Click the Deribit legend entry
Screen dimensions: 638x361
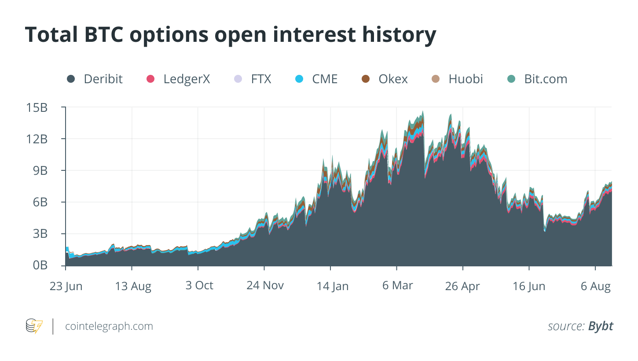(95, 79)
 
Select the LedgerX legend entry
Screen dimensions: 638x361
(178, 79)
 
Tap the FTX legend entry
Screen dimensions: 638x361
(253, 79)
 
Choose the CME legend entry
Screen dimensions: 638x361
(316, 79)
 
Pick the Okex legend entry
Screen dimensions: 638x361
(385, 79)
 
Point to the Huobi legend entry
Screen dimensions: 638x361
(458, 79)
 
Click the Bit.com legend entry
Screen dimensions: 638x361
(537, 79)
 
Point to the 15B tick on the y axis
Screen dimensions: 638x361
(37, 108)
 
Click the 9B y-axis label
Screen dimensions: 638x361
(40, 171)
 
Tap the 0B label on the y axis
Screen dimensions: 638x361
(40, 265)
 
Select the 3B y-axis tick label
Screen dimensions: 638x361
(40, 234)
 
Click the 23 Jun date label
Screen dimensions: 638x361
(66, 286)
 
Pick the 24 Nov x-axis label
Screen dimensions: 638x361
(265, 285)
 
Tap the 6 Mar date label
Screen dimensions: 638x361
(398, 285)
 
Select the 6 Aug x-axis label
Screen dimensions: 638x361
(596, 286)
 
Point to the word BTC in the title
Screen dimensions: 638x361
(104, 35)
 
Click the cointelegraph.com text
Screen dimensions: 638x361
(109, 326)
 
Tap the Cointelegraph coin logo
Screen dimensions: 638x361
(34, 326)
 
